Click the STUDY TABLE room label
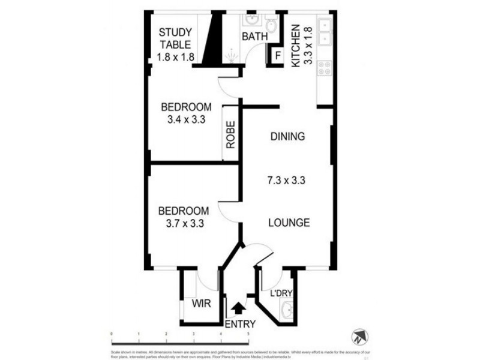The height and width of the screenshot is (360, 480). tap(175, 38)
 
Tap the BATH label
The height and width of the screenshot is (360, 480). tap(254, 37)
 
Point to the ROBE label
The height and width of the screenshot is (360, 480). tap(231, 135)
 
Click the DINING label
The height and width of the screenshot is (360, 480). tap(287, 136)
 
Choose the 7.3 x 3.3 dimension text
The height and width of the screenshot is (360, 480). tap(287, 179)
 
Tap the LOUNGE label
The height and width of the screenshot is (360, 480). tap(289, 223)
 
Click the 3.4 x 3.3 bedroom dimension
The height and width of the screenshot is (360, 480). tap(186, 119)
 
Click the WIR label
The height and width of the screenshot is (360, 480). tap(202, 304)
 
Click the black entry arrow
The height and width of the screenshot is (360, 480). tap(238, 308)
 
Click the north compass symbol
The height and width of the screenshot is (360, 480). tap(358, 335)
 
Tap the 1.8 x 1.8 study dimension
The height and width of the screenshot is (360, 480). tap(175, 58)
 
